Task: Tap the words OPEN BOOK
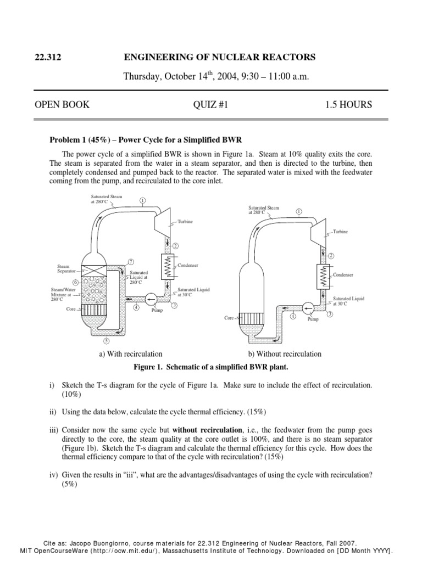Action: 62,104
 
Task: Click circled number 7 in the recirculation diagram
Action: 131,261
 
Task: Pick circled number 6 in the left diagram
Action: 76,282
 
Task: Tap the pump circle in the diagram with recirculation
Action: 151,300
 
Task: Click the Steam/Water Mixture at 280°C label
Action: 62,294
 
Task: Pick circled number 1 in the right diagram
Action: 299,211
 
